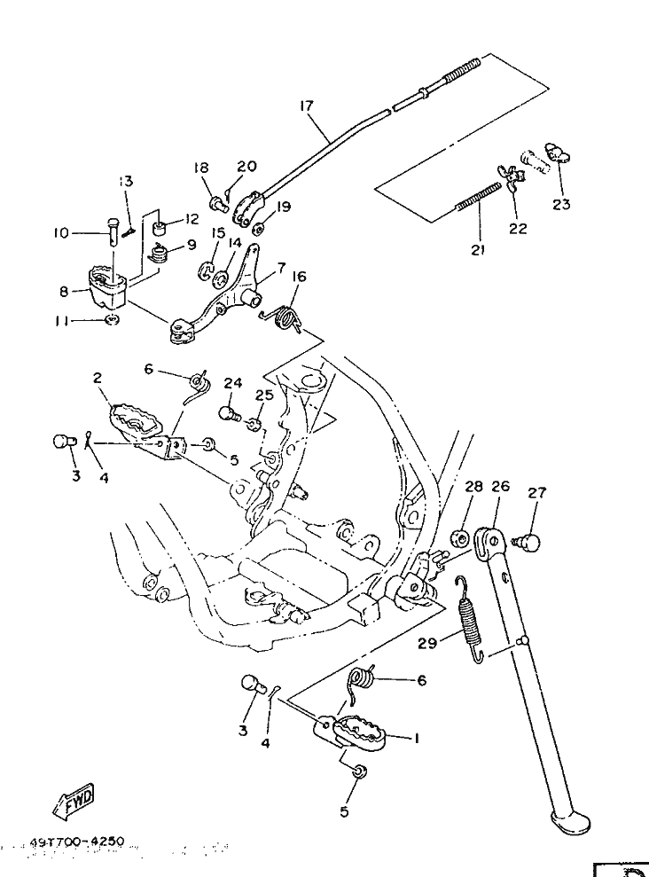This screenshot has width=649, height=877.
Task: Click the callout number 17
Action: coord(306,106)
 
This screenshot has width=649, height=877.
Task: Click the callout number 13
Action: coord(126,181)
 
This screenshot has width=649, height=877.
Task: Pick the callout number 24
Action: coord(232,383)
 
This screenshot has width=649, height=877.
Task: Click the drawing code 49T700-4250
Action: coord(75,841)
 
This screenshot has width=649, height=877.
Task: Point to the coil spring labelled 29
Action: coord(469,617)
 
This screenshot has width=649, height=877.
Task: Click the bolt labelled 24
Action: coord(227,413)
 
